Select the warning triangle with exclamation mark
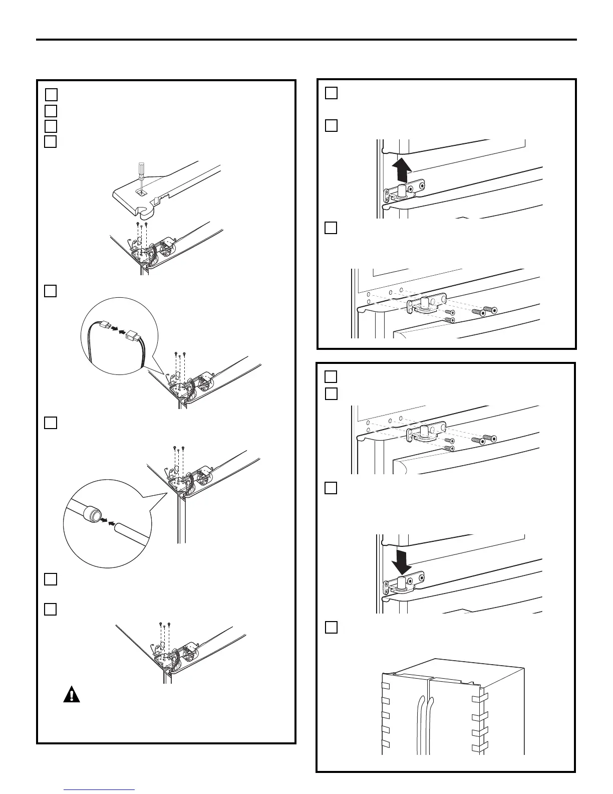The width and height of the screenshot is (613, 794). point(72,694)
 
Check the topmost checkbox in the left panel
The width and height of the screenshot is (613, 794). point(51,94)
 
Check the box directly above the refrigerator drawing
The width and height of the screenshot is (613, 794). point(331,628)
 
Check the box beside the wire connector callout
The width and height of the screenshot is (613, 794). point(50,291)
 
